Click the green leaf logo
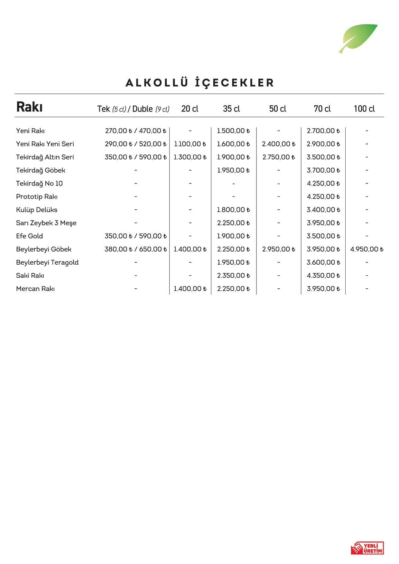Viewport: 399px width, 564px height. (358, 38)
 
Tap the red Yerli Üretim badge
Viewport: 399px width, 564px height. (367, 548)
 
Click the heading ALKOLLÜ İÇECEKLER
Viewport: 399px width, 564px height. (199, 83)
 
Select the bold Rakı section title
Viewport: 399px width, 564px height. (29, 107)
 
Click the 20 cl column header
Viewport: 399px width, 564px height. (190, 109)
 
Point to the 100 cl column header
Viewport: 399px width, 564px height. (364, 109)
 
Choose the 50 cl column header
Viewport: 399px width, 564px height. (278, 109)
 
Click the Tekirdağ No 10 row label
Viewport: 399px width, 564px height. (39, 184)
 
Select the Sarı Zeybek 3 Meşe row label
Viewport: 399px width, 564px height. (46, 223)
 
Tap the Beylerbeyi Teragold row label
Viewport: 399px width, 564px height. (47, 262)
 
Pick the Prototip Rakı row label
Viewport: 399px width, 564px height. (37, 197)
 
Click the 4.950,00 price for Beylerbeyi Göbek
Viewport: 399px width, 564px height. (367, 249)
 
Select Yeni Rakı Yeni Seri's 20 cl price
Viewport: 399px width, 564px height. (190, 144)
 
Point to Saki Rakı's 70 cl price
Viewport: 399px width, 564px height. (323, 276)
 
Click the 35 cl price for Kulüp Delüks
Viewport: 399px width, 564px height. (233, 210)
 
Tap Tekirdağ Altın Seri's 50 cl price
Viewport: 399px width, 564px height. (278, 157)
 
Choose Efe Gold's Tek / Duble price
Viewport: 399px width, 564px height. (135, 236)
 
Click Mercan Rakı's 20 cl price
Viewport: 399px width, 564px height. (190, 289)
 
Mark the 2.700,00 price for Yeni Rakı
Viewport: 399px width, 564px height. (323, 131)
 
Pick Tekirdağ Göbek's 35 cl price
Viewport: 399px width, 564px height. (233, 170)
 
